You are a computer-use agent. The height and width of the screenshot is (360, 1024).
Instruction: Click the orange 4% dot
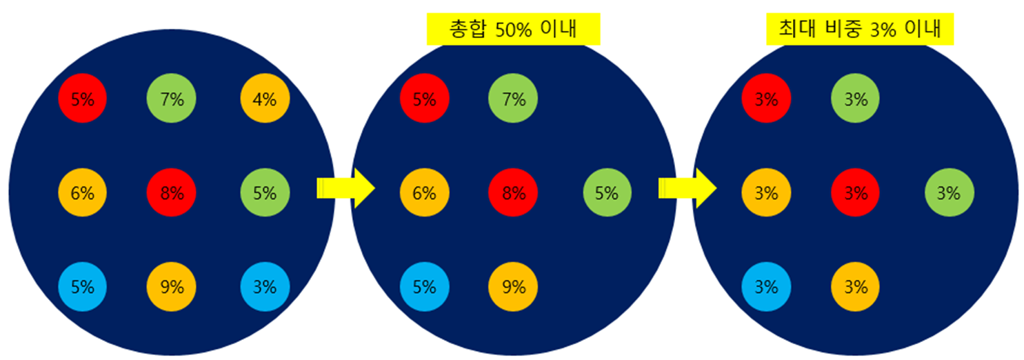[265, 99]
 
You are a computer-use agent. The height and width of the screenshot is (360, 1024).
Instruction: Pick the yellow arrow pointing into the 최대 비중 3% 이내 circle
[687, 188]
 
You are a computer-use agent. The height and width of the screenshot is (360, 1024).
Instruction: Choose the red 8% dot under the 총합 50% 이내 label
[513, 193]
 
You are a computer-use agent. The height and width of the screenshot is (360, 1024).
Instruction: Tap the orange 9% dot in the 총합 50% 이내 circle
[513, 287]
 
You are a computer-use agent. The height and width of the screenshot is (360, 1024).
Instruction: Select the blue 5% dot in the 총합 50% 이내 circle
[425, 287]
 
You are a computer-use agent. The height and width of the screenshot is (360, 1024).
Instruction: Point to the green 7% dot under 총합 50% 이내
[513, 99]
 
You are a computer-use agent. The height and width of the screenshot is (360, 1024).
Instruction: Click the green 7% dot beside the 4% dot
[172, 99]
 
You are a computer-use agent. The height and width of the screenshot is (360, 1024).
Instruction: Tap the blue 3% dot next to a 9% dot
[265, 287]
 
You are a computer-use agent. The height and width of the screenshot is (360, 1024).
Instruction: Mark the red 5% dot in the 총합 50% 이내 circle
[425, 99]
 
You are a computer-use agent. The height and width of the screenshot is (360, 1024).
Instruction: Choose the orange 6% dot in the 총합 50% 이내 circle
[425, 193]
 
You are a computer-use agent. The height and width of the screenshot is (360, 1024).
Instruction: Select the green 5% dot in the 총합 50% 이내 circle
[607, 193]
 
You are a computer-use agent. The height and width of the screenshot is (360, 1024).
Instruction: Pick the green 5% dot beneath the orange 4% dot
[265, 193]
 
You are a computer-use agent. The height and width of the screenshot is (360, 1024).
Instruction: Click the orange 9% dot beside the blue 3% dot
[172, 287]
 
